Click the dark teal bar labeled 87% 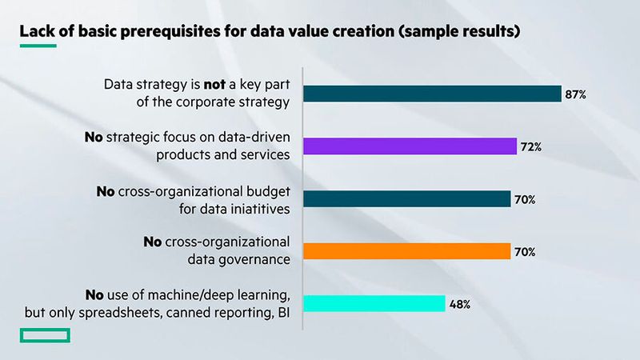(x=432, y=94)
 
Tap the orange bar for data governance (x=406, y=251)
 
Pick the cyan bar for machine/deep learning (x=374, y=303)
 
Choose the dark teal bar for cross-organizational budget (x=406, y=198)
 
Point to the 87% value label (x=576, y=94)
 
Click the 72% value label (x=532, y=146)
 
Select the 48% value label (x=460, y=304)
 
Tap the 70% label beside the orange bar (x=525, y=252)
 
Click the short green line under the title (x=38, y=46)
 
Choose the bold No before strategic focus (x=94, y=137)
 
